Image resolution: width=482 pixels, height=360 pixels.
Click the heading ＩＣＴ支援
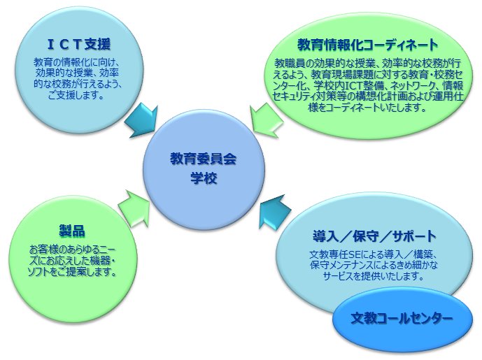click(79, 45)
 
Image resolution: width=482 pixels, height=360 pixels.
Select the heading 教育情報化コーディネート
click(368, 45)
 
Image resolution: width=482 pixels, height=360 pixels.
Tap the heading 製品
click(72, 231)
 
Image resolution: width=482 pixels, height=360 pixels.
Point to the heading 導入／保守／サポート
click(374, 236)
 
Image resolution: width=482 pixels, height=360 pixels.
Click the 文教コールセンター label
click(402, 318)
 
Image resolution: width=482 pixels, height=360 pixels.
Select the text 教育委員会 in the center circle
click(203, 159)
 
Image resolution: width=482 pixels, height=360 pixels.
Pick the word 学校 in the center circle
click(204, 178)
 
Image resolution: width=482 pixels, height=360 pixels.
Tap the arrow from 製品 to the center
click(134, 208)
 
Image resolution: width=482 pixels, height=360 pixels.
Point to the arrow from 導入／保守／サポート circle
click(274, 211)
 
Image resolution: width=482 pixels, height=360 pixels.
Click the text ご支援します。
click(76, 95)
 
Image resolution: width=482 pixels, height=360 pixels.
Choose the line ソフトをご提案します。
click(73, 271)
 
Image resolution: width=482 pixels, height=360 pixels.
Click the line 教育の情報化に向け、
click(76, 62)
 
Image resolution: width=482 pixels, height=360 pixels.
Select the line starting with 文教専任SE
click(373, 254)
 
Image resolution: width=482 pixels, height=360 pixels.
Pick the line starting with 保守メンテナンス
click(374, 265)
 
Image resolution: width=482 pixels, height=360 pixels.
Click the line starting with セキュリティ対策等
click(368, 96)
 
